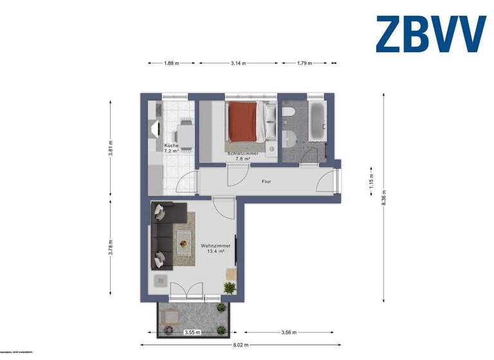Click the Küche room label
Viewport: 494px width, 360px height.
click(x=171, y=146)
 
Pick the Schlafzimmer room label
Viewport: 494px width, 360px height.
click(x=242, y=154)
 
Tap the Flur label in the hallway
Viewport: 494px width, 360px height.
click(x=266, y=181)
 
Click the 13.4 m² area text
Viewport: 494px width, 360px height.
click(x=215, y=252)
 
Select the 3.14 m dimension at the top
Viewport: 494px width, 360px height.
click(x=240, y=63)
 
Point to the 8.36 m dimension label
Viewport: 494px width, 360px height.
click(x=384, y=197)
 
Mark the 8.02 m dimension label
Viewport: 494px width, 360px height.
click(x=241, y=345)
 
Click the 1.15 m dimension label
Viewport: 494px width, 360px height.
click(x=371, y=181)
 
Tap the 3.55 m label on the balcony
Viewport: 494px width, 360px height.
click(x=192, y=332)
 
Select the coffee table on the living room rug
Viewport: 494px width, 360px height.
click(x=184, y=242)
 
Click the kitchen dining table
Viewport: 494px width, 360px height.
click(x=185, y=133)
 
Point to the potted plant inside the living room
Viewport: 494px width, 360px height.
click(x=230, y=287)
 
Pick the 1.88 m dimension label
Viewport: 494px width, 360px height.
click(x=171, y=63)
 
